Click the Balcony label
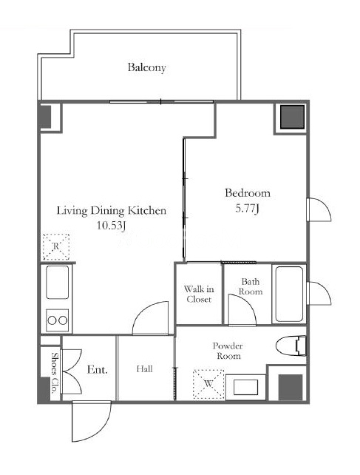point(146,67)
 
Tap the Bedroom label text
point(248,193)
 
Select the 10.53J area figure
point(111,225)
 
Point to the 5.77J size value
point(247,209)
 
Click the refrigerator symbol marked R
point(56,247)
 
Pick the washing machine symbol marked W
point(208,384)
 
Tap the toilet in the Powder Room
point(291,346)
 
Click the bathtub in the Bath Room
point(289,294)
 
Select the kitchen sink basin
point(57,282)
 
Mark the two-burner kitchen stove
point(57,320)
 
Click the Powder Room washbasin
point(245,387)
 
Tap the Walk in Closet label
point(199,294)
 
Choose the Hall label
point(144,368)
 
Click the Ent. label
point(97,369)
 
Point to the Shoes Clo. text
point(55,373)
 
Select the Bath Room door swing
point(242,310)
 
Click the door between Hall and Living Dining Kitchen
point(151,318)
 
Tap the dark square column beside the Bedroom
point(292,117)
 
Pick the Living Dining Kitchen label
point(112,211)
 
